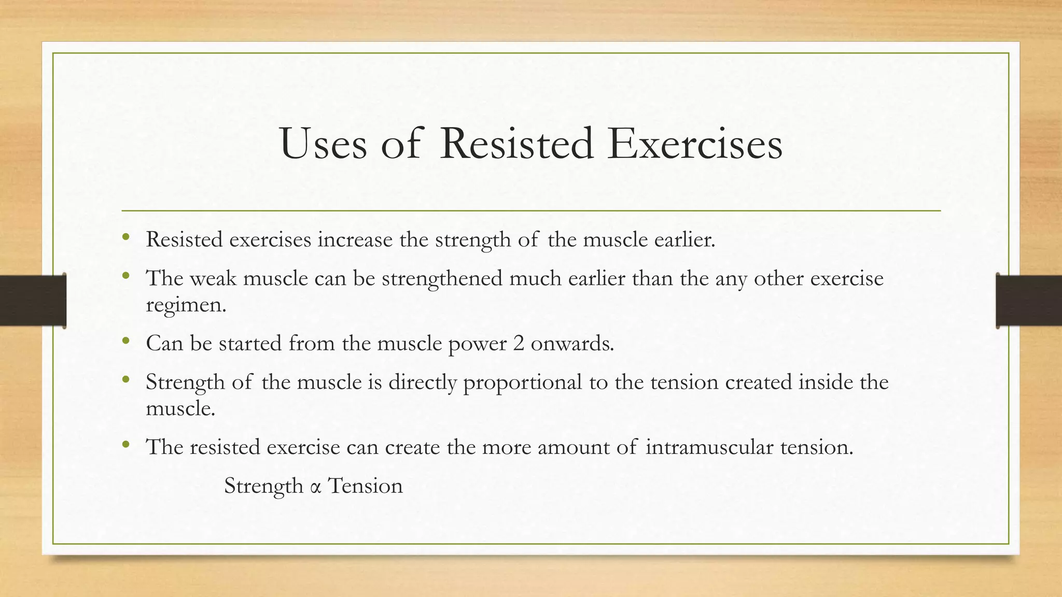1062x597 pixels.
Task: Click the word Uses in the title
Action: (x=323, y=144)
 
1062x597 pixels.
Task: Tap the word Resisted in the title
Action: (x=516, y=144)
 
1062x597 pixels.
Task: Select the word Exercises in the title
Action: (x=695, y=144)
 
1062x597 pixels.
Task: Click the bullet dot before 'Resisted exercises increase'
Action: (x=125, y=237)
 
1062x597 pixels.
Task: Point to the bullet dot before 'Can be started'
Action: (x=125, y=341)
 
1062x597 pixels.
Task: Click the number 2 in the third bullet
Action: (x=519, y=344)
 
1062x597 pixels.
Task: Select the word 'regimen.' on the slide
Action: (x=186, y=305)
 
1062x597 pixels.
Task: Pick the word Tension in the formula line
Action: (x=366, y=486)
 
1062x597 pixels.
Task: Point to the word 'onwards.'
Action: (x=572, y=344)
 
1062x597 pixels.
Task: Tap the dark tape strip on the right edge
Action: (x=1029, y=301)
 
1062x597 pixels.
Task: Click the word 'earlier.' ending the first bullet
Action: (x=684, y=240)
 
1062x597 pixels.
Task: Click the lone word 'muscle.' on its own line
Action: (x=180, y=408)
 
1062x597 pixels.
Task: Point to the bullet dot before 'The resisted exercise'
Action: (x=125, y=445)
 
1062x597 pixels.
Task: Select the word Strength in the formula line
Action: (x=263, y=487)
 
